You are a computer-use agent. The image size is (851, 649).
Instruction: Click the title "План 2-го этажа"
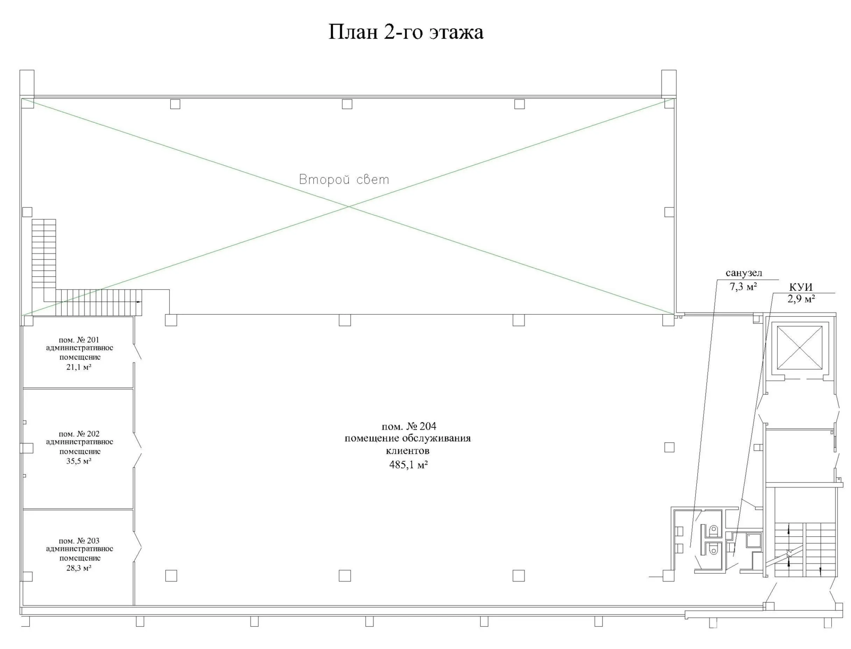click(405, 32)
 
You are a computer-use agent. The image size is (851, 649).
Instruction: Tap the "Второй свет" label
click(344, 180)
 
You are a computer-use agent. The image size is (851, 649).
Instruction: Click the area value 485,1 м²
click(408, 464)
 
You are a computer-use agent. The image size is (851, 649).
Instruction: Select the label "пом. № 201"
click(79, 340)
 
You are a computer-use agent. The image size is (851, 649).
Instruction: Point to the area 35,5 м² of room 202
click(79, 461)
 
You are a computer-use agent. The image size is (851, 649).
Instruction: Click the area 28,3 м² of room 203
click(79, 568)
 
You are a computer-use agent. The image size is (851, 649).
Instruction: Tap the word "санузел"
click(744, 273)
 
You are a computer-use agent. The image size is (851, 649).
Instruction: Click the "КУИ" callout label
click(800, 287)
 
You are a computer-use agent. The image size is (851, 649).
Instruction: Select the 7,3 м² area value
click(743, 286)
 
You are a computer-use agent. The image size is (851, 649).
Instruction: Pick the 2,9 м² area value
click(801, 299)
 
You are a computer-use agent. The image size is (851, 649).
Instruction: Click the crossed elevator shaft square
click(800, 348)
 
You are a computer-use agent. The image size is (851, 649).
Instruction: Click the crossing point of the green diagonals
click(348, 207)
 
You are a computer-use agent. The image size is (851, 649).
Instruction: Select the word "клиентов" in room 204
click(407, 451)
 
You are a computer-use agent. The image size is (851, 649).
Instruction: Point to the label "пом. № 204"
click(408, 427)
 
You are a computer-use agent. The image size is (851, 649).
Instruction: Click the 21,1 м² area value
click(79, 367)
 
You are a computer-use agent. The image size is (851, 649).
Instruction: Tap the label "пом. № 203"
click(79, 541)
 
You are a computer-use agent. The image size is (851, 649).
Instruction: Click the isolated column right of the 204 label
click(669, 447)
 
